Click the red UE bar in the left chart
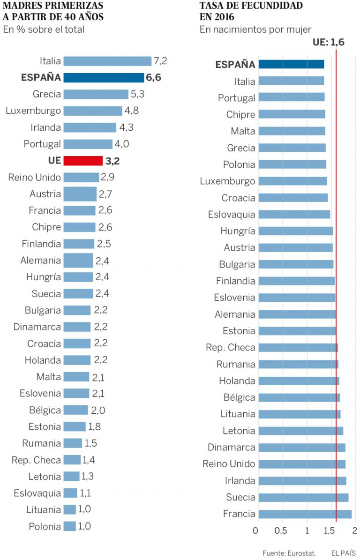point(83,161)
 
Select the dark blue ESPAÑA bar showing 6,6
point(104,78)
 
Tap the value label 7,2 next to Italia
point(160,61)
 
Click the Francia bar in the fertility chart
point(305,514)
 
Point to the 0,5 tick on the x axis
point(281,531)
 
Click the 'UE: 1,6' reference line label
point(329,43)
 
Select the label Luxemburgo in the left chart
point(33,111)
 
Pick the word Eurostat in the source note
point(301,553)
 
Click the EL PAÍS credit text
point(343,553)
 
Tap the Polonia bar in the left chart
point(69,526)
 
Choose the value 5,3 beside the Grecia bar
point(137,94)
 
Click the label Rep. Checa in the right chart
point(231,348)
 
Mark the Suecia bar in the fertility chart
point(303,497)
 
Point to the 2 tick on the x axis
point(354,531)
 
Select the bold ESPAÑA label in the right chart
point(235,65)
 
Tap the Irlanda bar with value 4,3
point(90,127)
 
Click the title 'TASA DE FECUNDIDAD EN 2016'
point(251,11)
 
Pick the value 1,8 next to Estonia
point(95,427)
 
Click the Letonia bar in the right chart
point(300,431)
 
